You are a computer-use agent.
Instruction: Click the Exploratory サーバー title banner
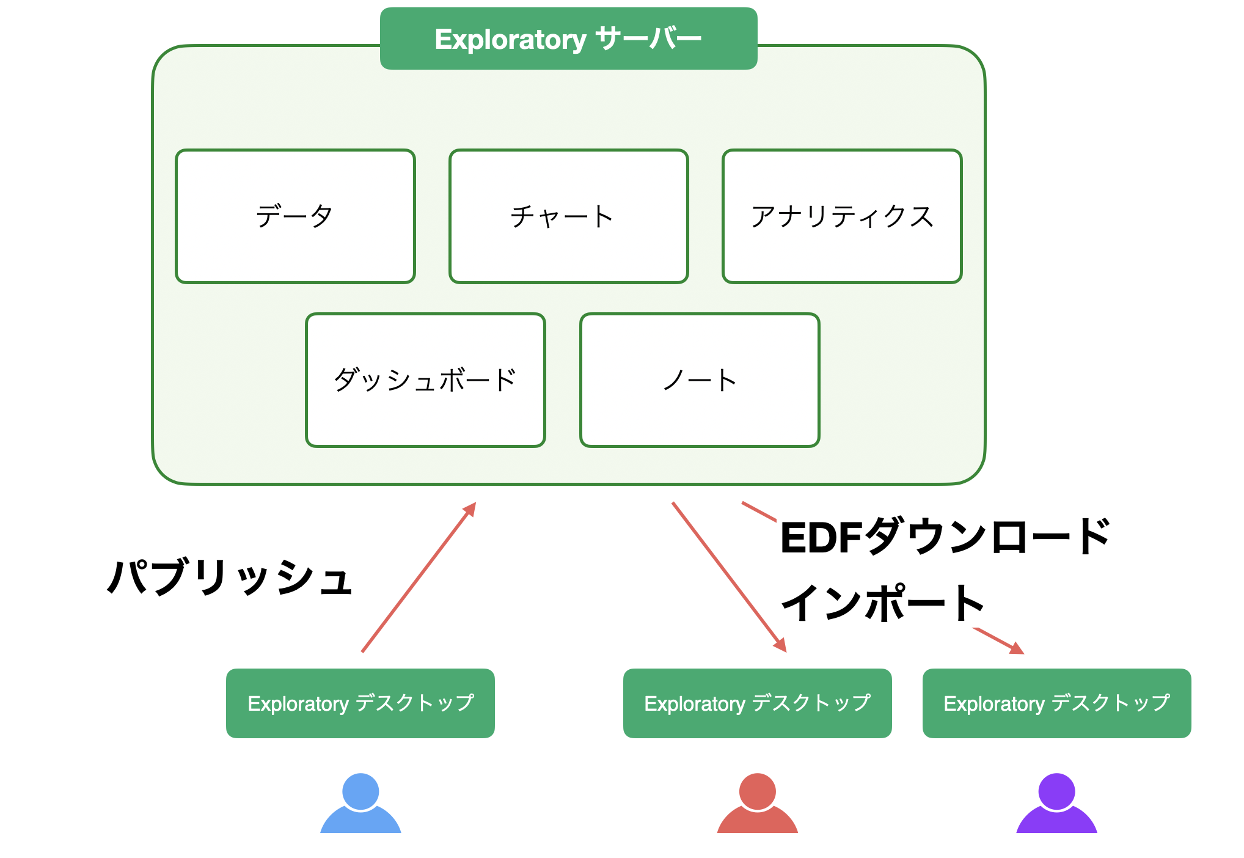pos(568,38)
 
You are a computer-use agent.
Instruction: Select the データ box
pos(295,216)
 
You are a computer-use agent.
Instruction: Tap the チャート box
pos(569,216)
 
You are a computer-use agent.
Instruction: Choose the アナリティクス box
pos(842,216)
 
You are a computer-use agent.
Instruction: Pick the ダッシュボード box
pos(425,380)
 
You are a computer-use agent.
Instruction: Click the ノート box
pos(700,380)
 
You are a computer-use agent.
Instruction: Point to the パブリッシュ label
pos(230,577)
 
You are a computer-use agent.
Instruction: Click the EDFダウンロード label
pos(945,536)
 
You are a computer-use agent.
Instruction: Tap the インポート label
pos(882,603)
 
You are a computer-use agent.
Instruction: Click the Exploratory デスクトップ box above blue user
pos(360,703)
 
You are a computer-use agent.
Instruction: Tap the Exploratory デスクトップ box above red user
pos(758,703)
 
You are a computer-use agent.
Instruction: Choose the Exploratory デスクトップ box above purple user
pos(1057,703)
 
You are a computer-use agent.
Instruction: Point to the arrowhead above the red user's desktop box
pos(781,645)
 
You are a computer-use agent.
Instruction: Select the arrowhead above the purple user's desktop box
pos(1017,648)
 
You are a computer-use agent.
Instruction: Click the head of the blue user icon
pos(360,791)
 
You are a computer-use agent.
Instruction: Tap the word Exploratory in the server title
pos(510,40)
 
